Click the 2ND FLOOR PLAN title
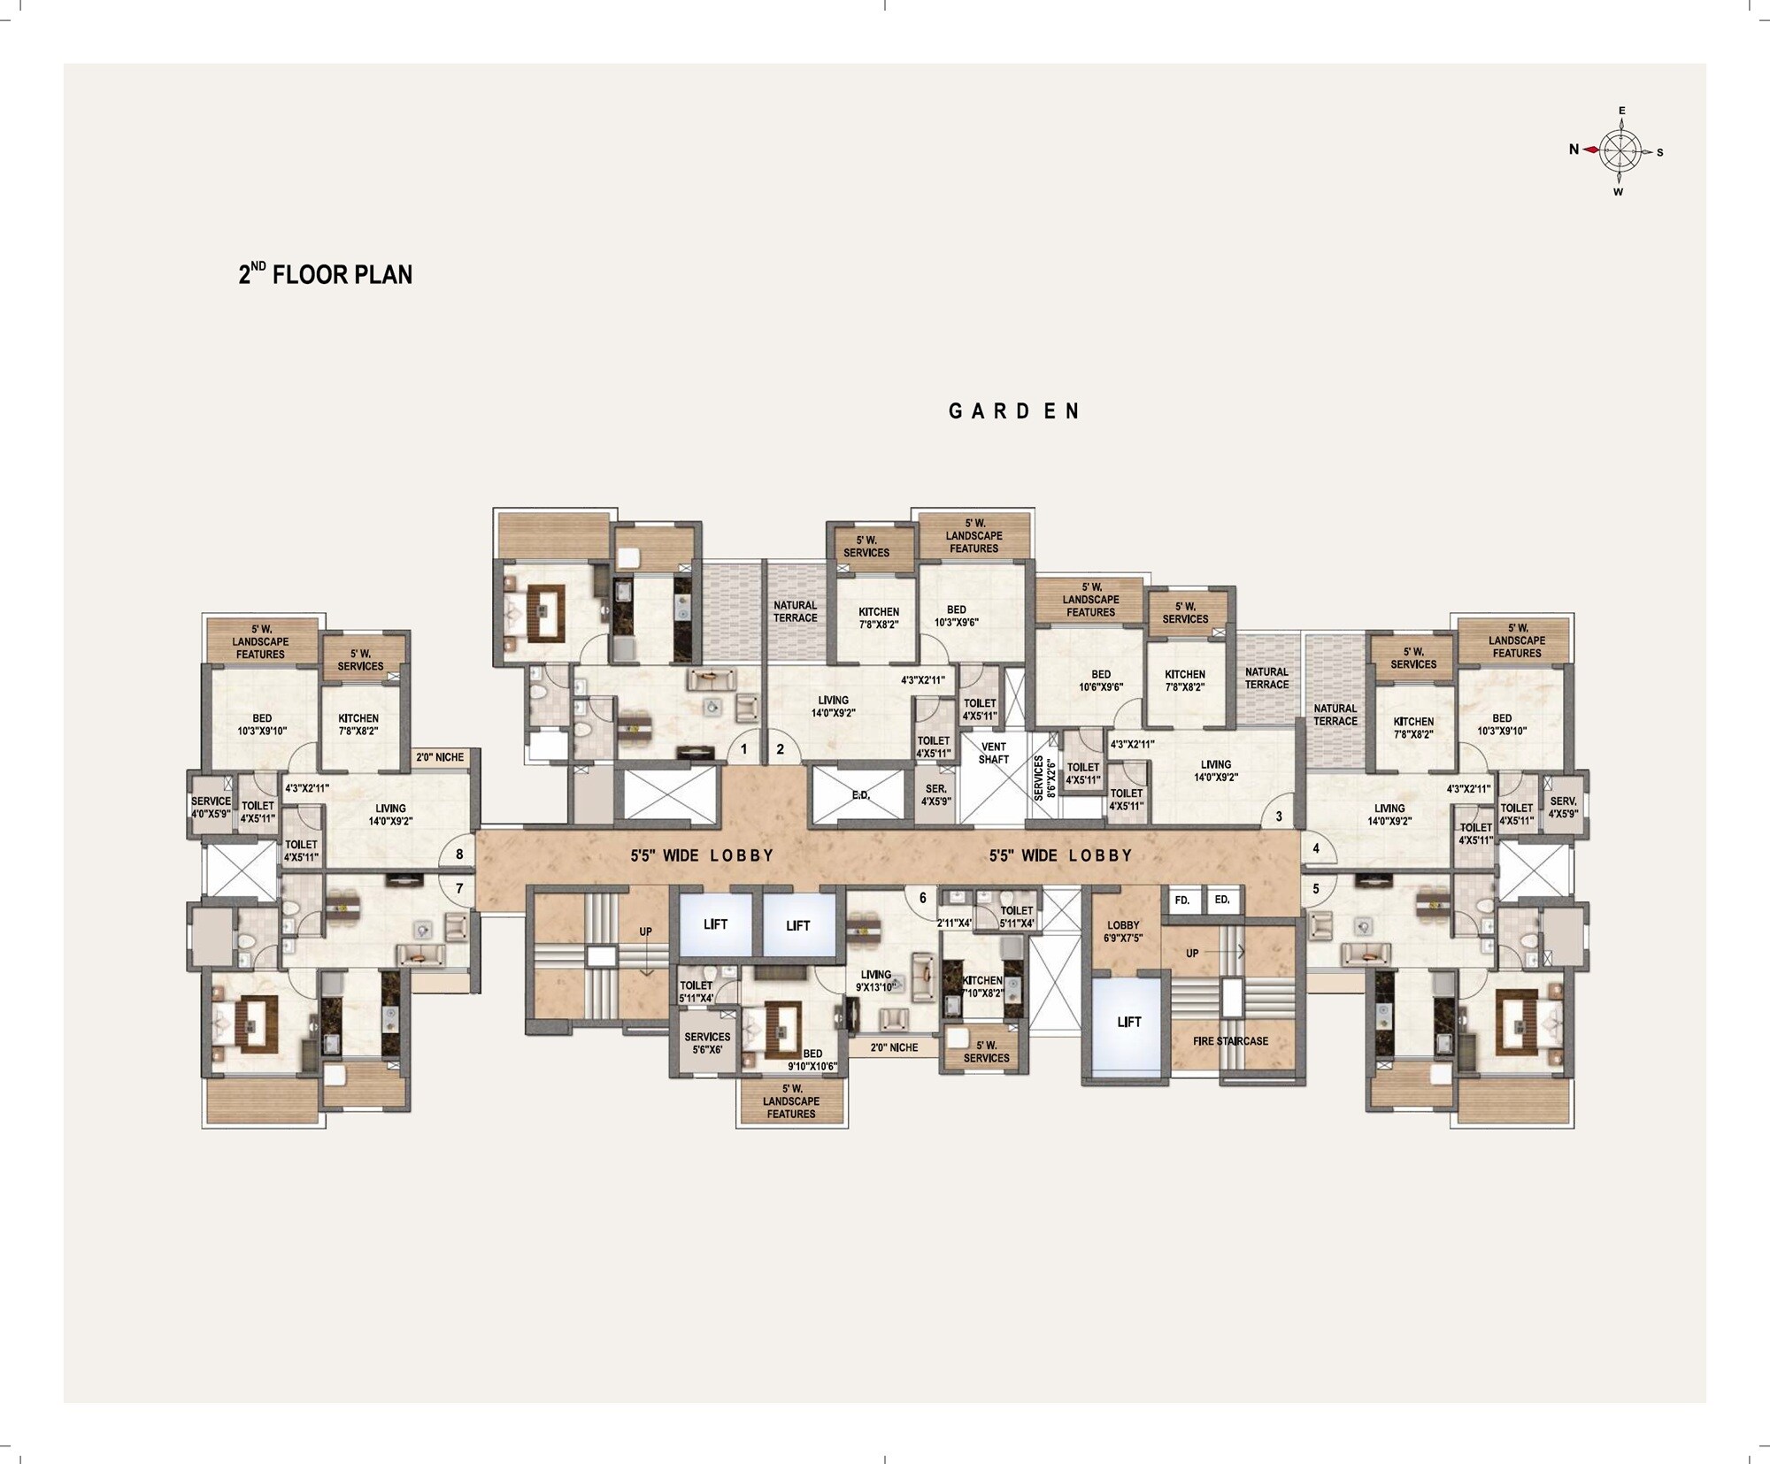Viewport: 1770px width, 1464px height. [x=325, y=274]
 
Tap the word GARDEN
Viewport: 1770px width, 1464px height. [x=1014, y=411]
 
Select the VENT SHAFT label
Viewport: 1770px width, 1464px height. [x=993, y=753]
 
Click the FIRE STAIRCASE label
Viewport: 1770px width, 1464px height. [x=1230, y=1041]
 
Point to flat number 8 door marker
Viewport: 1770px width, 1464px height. [x=459, y=855]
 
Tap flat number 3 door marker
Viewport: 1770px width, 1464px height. [x=1279, y=816]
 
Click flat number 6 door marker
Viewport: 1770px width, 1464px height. [x=922, y=898]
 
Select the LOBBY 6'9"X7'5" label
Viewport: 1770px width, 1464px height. [x=1123, y=931]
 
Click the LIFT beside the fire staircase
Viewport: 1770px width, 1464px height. [x=1128, y=1022]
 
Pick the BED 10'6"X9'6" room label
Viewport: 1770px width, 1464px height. [x=1101, y=680]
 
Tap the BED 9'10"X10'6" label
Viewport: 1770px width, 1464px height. [x=812, y=1060]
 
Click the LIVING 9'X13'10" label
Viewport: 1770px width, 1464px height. [x=875, y=980]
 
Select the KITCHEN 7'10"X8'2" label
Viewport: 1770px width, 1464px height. [x=982, y=986]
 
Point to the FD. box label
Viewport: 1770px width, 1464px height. [x=1181, y=901]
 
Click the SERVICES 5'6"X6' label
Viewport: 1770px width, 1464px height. [x=707, y=1043]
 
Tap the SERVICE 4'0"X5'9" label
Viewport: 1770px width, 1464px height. [x=211, y=807]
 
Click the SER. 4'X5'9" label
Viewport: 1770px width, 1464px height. [x=935, y=795]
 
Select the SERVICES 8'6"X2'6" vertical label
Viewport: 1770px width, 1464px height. [x=1044, y=778]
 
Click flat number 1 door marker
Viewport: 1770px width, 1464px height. [x=743, y=749]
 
